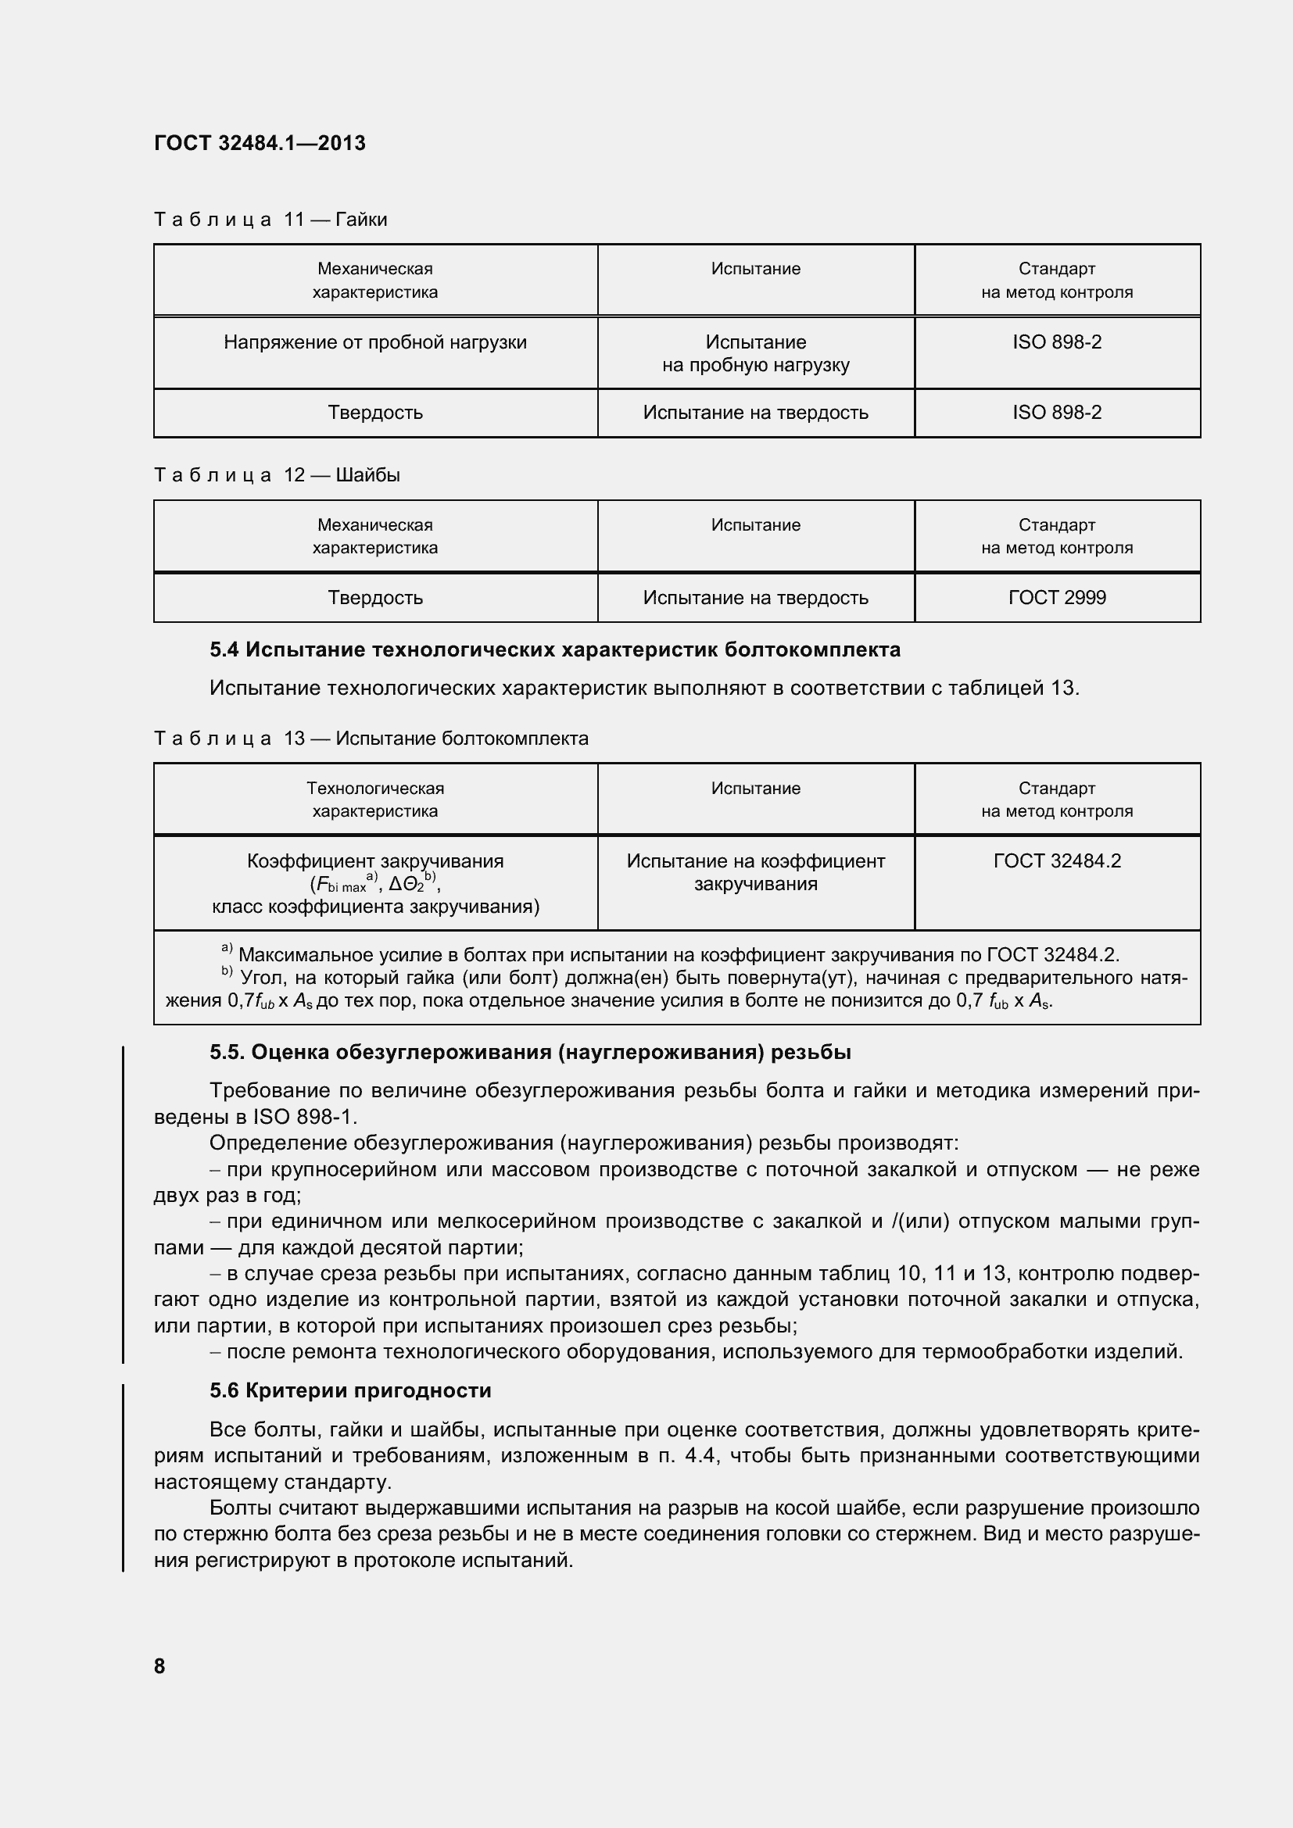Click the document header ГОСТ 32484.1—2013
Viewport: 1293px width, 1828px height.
click(260, 143)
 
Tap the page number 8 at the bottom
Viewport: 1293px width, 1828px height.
click(159, 1665)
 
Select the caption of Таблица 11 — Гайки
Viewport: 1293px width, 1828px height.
click(270, 219)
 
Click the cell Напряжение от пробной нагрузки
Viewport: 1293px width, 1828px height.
click(375, 342)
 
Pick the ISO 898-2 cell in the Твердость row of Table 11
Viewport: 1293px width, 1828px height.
click(1057, 413)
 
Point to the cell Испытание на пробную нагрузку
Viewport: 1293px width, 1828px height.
click(756, 353)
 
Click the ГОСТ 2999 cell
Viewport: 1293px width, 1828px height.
click(1057, 597)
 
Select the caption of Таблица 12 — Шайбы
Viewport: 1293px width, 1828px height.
click(276, 475)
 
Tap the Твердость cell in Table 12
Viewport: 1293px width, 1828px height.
click(375, 597)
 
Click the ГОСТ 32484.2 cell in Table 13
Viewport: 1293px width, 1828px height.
click(1057, 860)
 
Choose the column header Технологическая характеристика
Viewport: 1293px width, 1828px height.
click(375, 800)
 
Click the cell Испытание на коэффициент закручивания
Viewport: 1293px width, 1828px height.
click(756, 872)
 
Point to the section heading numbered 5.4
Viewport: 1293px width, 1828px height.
click(554, 649)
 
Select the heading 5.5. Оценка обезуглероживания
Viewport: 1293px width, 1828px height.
click(530, 1053)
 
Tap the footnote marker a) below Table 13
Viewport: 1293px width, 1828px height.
click(227, 949)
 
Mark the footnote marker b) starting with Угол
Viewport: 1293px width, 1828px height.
click(227, 972)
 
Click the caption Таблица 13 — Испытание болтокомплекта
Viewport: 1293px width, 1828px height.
click(371, 738)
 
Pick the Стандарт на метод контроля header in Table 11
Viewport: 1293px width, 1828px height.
click(1057, 281)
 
